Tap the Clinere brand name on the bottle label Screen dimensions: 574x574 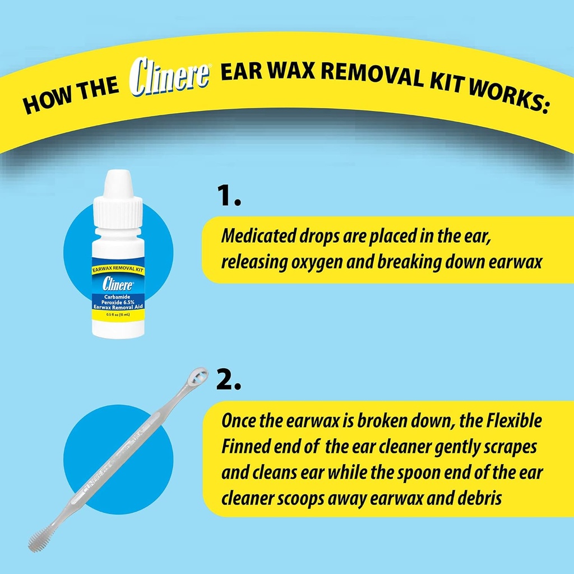(x=118, y=284)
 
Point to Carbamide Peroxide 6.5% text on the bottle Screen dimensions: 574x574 (x=118, y=300)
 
